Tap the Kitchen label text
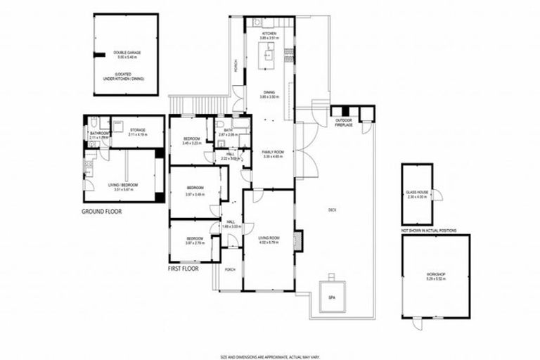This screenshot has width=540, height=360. click(x=269, y=36)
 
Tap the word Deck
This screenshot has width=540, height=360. click(x=332, y=209)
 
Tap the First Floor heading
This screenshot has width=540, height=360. click(x=183, y=269)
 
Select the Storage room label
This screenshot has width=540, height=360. click(x=139, y=131)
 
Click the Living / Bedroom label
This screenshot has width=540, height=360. click(x=123, y=186)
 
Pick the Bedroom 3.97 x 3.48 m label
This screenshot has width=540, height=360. click(x=195, y=190)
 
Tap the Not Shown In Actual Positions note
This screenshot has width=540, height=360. click(x=435, y=230)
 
